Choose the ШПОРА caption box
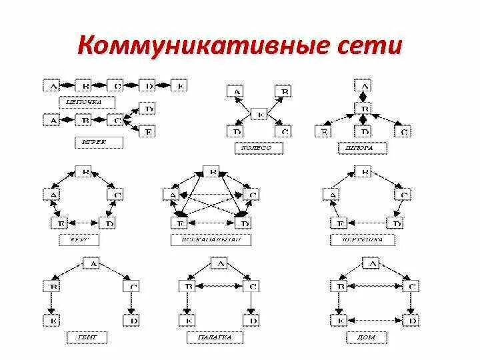coord(364,147)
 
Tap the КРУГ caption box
coord(84,238)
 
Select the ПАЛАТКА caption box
coord(214,338)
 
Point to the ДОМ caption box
coord(364,338)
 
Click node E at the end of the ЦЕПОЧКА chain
coord(179,85)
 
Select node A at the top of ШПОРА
coord(363,85)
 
